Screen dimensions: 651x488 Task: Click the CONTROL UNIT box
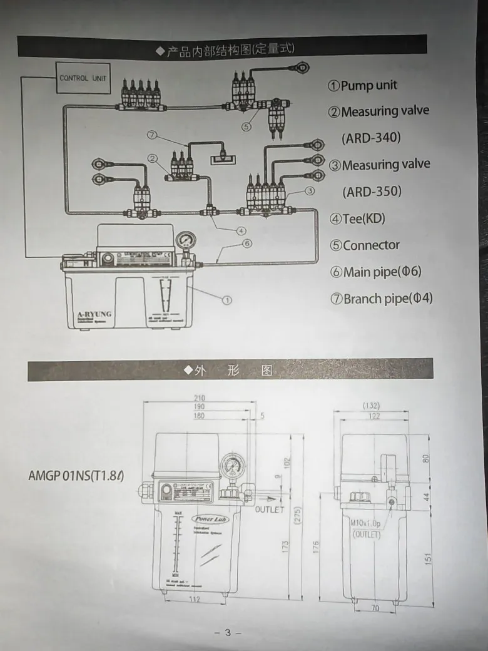pos(83,78)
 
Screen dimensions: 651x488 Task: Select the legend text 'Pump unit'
pos(369,85)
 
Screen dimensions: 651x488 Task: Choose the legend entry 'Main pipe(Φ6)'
pos(382,272)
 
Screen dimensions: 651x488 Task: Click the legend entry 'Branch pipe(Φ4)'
pos(387,299)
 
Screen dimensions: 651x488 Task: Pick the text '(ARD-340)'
pos(371,137)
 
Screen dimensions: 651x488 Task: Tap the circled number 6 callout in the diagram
pos(247,243)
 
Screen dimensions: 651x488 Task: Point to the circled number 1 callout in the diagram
pos(228,300)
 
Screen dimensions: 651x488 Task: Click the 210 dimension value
pos(199,398)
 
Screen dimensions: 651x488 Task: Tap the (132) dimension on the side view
pos(389,406)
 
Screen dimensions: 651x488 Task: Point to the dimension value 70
pos(375,607)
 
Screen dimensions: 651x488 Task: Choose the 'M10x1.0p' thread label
pos(365,523)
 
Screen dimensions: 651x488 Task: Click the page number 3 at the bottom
pos(228,633)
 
